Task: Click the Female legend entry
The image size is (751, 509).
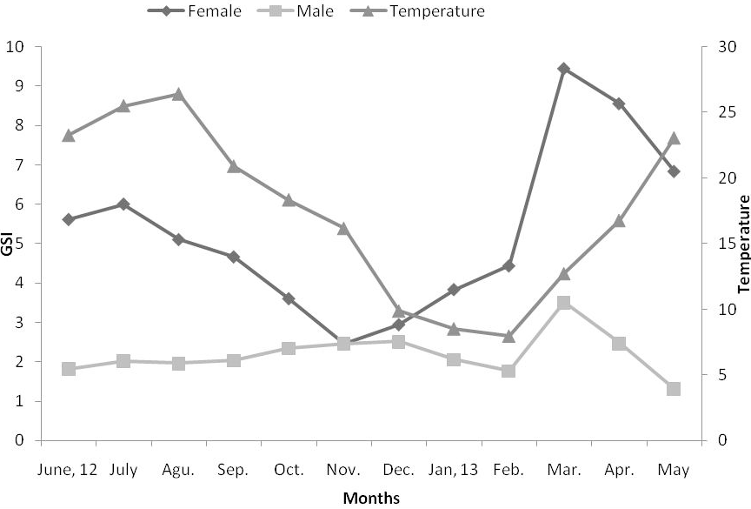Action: tap(195, 10)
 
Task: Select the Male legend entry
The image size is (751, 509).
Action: tap(295, 10)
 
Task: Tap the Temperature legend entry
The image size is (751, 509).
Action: tap(417, 10)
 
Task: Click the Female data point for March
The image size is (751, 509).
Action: tap(564, 69)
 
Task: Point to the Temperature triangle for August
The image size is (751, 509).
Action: tap(178, 94)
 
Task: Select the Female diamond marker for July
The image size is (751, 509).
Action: tap(123, 204)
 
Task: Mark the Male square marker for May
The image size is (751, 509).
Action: tap(674, 389)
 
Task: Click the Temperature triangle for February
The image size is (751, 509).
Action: tap(508, 337)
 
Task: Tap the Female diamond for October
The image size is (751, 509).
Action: tap(289, 298)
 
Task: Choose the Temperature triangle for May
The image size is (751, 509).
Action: tap(674, 138)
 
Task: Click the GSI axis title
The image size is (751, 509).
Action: tap(7, 244)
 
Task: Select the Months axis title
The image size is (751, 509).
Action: tap(371, 498)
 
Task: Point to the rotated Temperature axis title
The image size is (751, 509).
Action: tap(743, 244)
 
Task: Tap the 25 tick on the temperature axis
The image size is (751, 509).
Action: tap(726, 112)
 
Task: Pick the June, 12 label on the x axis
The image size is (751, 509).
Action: tap(68, 470)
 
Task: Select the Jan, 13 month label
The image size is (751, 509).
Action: tap(453, 470)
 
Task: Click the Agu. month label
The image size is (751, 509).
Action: tap(178, 470)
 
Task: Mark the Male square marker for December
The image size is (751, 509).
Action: tap(398, 342)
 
